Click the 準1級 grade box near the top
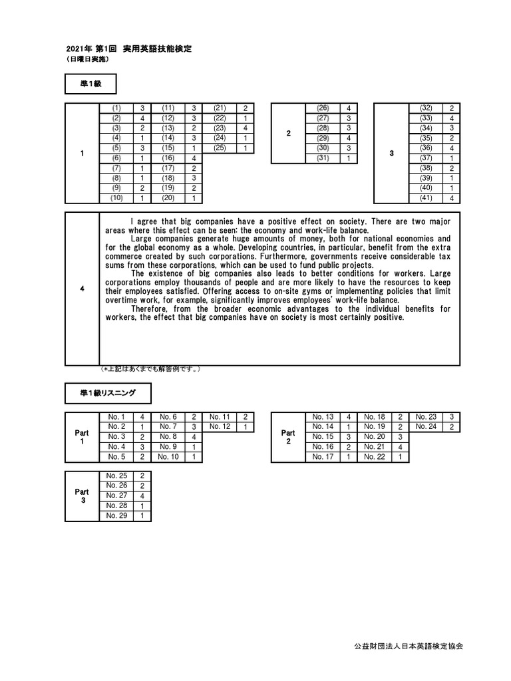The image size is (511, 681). tap(91, 84)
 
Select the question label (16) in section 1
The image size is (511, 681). tap(168, 158)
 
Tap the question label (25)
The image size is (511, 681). tap(220, 148)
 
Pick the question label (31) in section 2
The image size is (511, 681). tap(323, 158)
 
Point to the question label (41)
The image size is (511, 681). tap(426, 198)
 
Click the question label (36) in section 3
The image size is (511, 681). tap(426, 148)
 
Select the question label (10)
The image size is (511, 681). tap(116, 198)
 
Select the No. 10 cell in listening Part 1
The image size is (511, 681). tap(168, 457)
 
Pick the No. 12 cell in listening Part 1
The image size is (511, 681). tap(220, 427)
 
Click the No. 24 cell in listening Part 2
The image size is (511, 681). tap(426, 427)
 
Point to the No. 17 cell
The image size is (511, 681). tap(323, 457)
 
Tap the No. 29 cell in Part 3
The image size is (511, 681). tap(116, 515)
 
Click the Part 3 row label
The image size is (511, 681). tap(83, 496)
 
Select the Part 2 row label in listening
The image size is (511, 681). tap(288, 437)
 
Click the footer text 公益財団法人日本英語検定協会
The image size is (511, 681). tap(417, 646)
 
